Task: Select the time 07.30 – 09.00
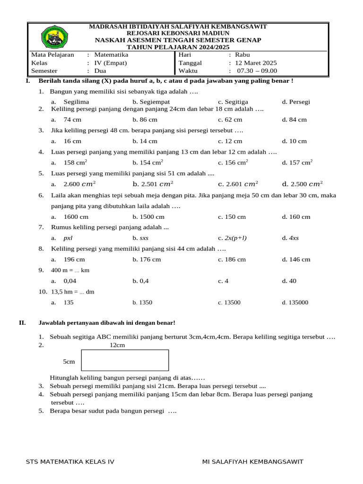[257, 71]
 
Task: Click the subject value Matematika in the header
[111, 55]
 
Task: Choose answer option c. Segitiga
[233, 102]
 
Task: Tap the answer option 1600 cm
[76, 217]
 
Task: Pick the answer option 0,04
[69, 281]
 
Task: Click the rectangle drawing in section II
[125, 360]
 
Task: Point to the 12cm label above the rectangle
[117, 346]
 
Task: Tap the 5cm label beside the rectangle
[69, 362]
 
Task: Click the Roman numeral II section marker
[22, 323]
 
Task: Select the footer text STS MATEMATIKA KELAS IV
[70, 462]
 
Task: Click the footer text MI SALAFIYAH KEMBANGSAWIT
[252, 462]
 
